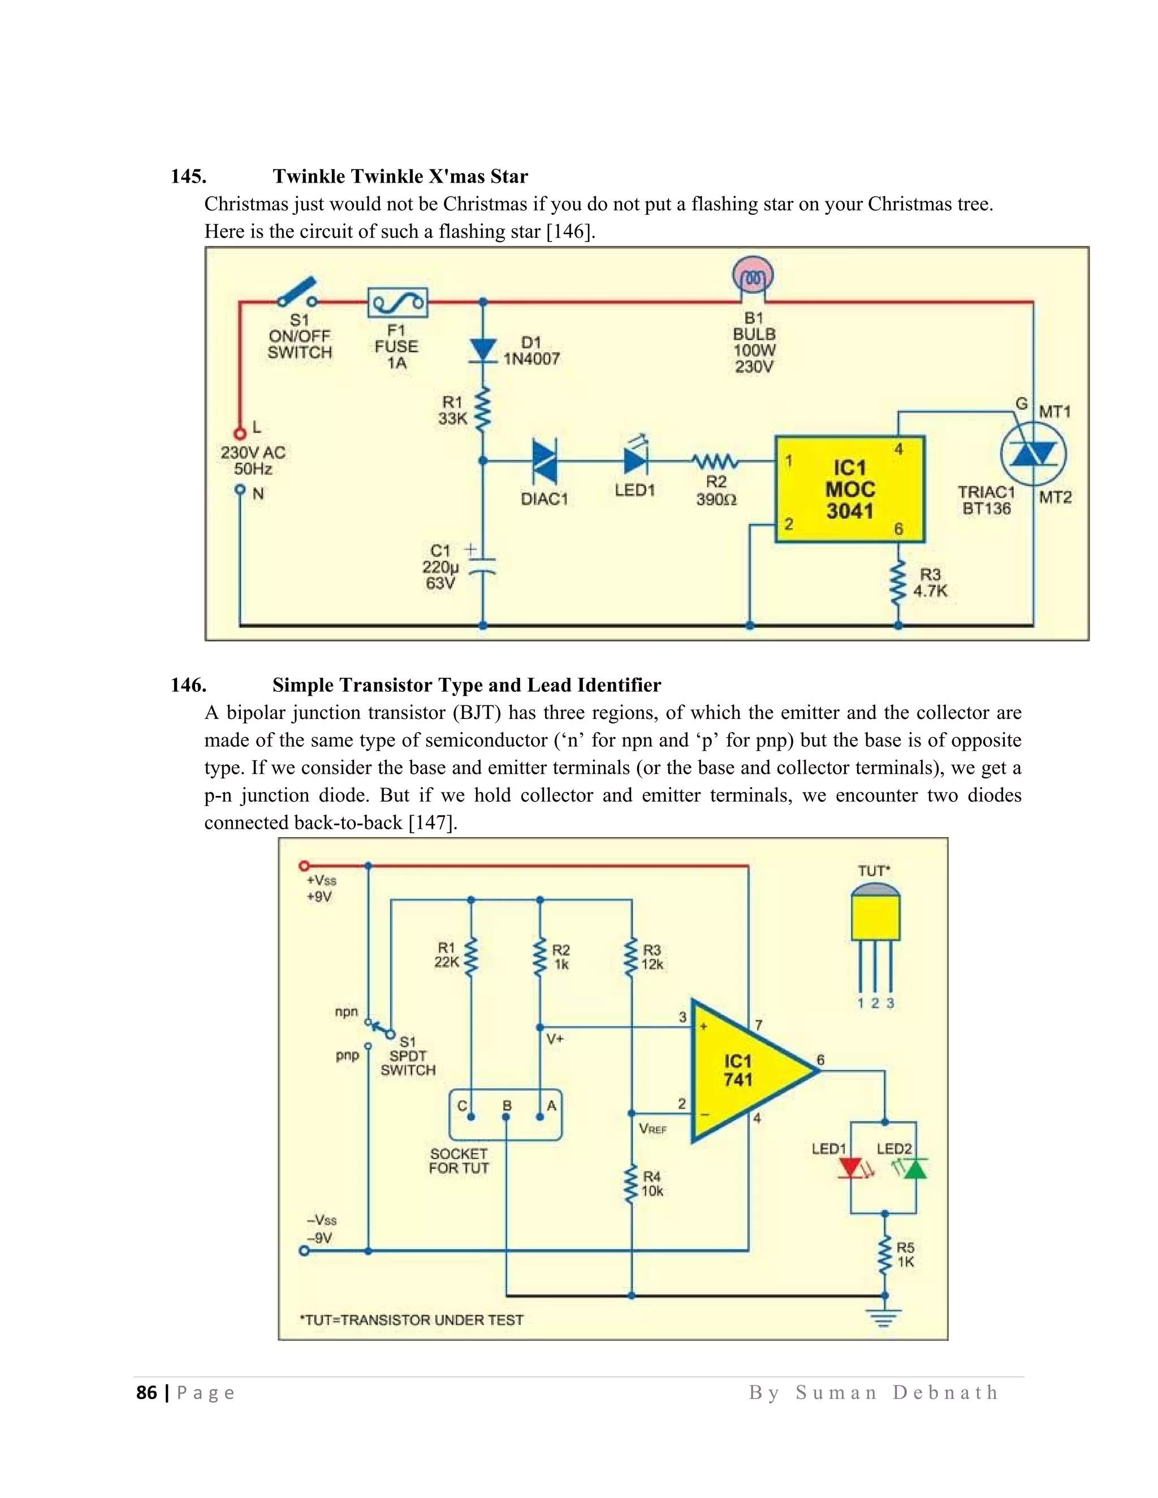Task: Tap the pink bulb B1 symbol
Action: coord(753,276)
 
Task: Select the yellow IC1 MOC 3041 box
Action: coord(850,489)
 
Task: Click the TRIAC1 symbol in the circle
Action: coord(1033,454)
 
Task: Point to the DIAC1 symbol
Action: coord(545,461)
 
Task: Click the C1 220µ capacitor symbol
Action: coord(483,565)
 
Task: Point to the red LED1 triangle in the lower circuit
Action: coord(850,1168)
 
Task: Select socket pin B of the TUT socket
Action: coord(506,1116)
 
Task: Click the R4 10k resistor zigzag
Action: coord(630,1186)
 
